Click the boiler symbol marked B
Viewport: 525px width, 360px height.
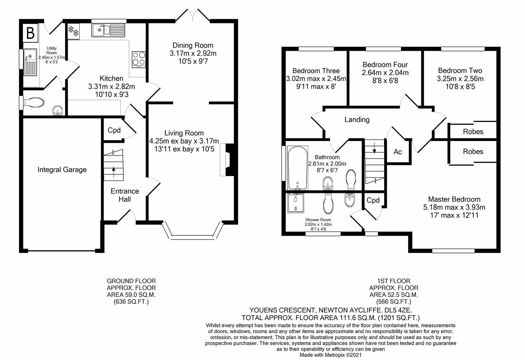point(30,33)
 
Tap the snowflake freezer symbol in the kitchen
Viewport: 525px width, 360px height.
point(73,31)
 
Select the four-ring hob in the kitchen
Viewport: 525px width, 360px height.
point(139,60)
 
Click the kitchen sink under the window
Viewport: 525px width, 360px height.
point(108,30)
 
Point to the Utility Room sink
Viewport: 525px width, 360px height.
point(30,62)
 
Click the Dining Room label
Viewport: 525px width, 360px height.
point(193,45)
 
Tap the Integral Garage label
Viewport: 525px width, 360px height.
point(62,170)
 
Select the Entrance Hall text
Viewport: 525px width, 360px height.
point(125,195)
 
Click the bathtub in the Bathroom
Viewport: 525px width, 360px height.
point(298,168)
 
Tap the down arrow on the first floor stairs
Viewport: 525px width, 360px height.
point(374,148)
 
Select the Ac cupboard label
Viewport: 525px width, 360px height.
point(398,152)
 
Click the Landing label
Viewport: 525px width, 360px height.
point(357,120)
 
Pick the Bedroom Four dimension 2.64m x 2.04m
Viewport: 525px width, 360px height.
point(385,73)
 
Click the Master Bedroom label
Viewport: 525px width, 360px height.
point(454,199)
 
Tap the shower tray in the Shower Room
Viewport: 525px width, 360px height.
point(296,203)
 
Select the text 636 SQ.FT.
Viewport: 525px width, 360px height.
point(131,302)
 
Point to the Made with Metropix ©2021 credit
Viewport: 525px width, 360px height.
point(330,355)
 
